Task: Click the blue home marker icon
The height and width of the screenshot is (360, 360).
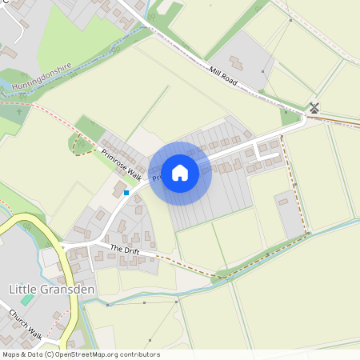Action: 180,172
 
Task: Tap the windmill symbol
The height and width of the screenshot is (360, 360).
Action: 314,107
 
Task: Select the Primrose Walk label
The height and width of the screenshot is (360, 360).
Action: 120,163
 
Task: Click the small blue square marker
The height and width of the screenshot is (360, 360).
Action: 126,192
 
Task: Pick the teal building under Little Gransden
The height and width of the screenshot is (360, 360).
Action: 27,298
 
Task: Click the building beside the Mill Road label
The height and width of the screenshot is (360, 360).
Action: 238,62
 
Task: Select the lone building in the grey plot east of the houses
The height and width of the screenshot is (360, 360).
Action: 282,202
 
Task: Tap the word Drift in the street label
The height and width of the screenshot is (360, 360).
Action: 131,252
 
